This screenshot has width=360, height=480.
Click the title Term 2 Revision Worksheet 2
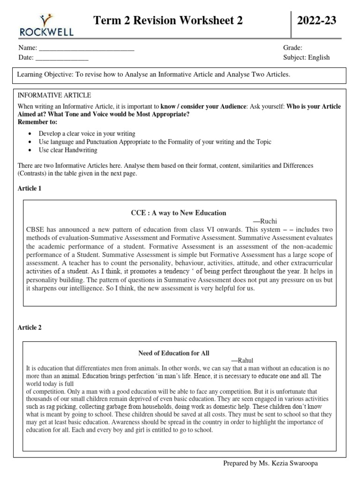[169, 21]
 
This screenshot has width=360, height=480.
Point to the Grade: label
[292, 48]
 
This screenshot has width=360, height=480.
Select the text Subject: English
[306, 57]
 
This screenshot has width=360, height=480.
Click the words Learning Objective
[40, 75]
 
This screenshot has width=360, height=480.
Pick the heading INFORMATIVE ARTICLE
[54, 95]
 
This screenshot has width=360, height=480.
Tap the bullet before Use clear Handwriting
[30, 150]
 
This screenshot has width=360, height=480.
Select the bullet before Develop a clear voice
[30, 134]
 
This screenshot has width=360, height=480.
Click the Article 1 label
[30, 188]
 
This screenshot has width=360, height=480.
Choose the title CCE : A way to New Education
[178, 213]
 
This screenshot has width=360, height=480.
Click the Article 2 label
[30, 328]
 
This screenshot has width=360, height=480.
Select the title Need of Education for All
[173, 353]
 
